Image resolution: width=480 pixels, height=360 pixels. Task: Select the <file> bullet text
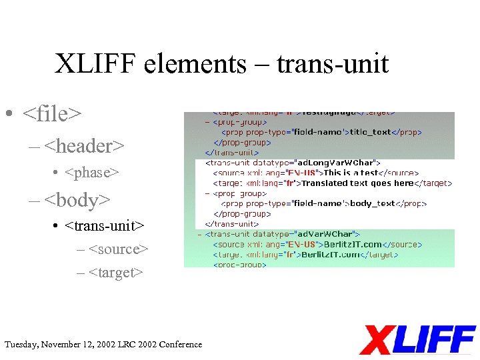click(x=52, y=114)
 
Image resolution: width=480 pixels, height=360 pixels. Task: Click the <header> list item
click(x=84, y=145)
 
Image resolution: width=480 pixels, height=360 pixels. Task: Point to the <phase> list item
click(x=92, y=173)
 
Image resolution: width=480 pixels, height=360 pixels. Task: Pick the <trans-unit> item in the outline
click(x=105, y=226)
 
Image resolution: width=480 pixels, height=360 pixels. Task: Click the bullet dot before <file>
click(x=8, y=115)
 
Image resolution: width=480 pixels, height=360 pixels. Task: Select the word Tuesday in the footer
click(x=21, y=345)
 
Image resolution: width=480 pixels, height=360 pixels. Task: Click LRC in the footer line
click(x=126, y=345)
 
